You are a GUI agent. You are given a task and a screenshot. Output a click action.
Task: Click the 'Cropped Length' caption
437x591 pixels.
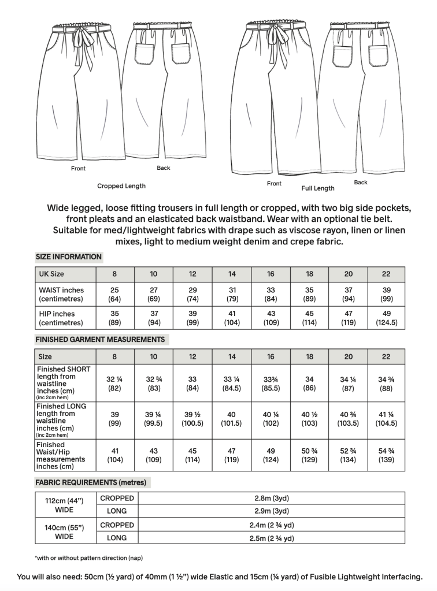pos(121,186)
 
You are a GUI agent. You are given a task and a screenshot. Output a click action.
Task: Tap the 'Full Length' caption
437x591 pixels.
pos(317,188)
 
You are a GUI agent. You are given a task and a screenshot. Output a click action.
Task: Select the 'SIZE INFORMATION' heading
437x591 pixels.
pos(69,257)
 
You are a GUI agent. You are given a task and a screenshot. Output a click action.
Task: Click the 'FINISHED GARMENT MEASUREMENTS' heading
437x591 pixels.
pos(100,339)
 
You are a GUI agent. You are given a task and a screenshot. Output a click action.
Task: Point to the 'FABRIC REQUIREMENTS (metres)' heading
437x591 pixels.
pos(91,482)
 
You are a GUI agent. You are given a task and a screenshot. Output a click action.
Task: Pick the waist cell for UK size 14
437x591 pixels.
pos(231,295)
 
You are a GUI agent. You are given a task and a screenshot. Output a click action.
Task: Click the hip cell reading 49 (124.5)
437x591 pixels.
pos(386,318)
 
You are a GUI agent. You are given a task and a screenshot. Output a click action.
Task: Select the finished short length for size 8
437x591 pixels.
pos(114,384)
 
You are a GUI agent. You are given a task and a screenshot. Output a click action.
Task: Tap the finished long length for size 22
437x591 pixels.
pos(386,418)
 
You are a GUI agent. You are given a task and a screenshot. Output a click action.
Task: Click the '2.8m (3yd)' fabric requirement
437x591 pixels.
pos(271,498)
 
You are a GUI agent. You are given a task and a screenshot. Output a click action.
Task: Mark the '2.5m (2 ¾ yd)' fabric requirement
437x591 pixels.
pos(271,538)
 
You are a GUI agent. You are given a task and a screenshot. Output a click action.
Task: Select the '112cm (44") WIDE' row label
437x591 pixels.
pos(64,505)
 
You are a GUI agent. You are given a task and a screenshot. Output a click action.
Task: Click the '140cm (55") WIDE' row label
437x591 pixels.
pos(64,532)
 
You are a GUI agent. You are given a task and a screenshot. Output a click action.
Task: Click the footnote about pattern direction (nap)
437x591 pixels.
pos(88,557)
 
